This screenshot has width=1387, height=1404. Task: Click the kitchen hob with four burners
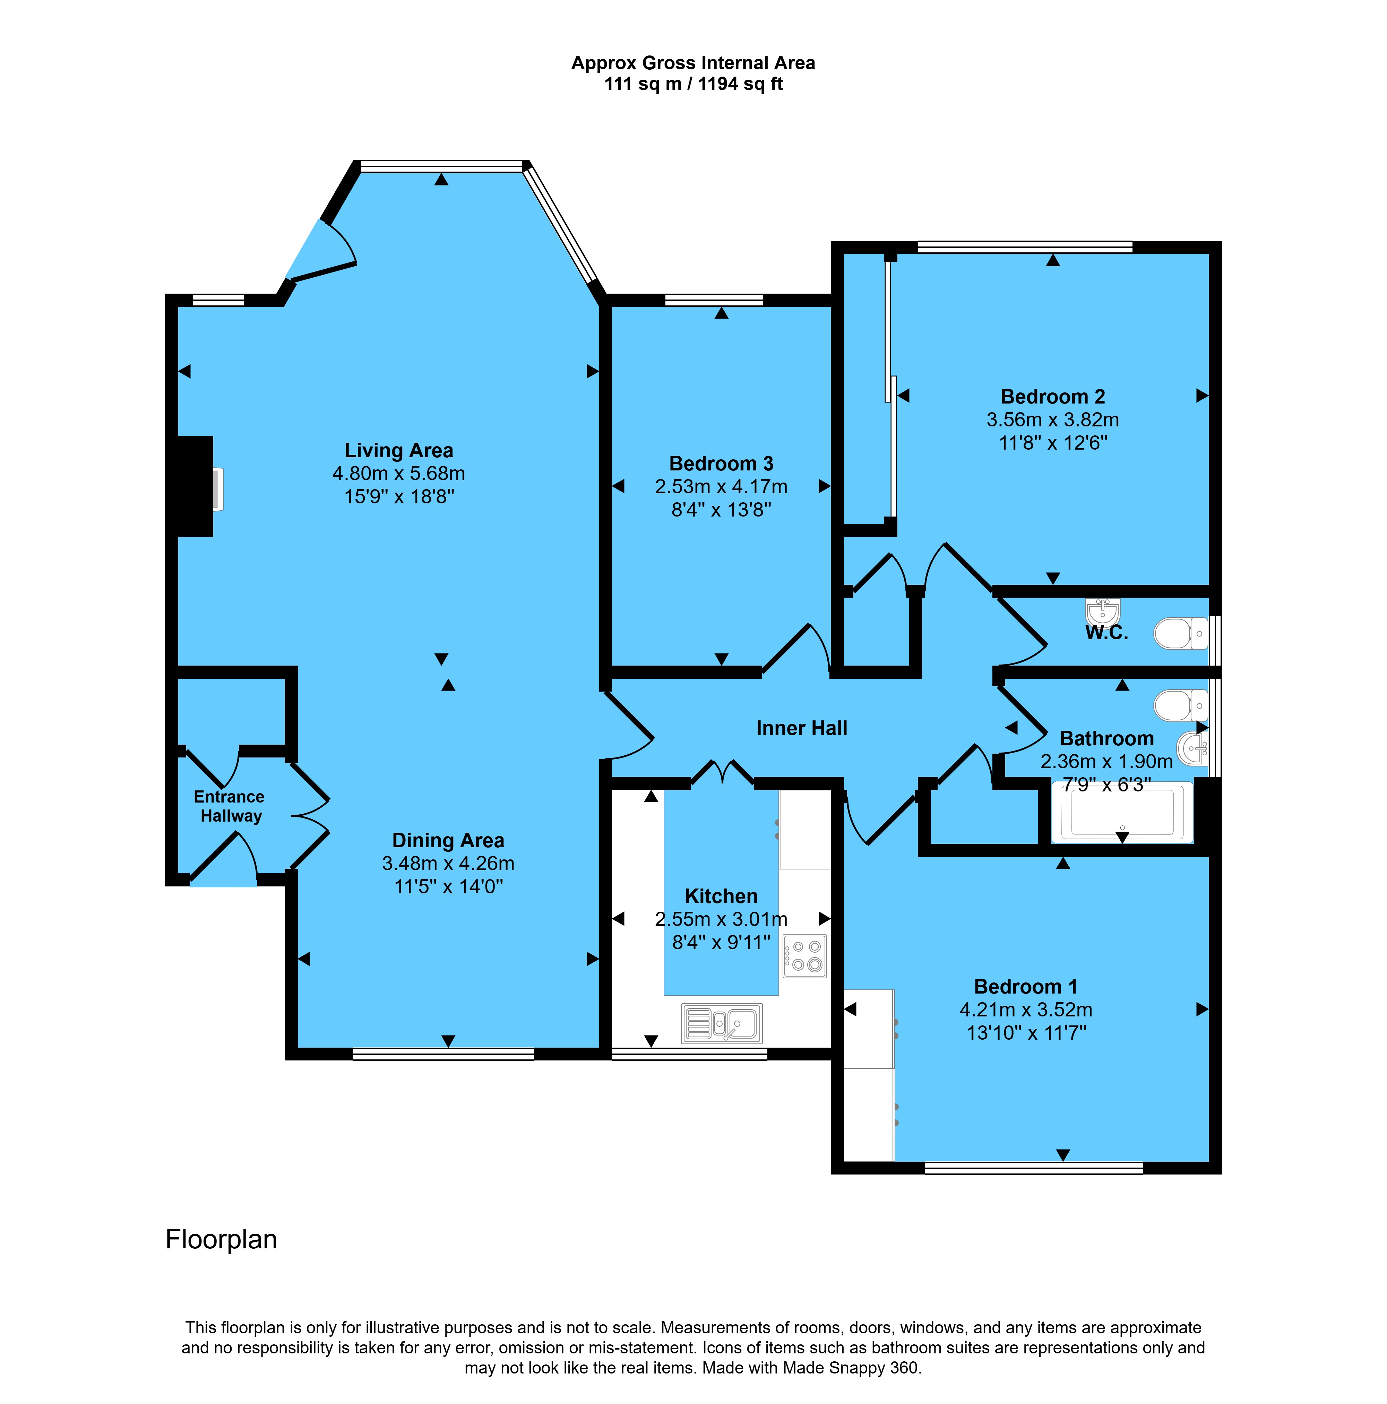pos(805,956)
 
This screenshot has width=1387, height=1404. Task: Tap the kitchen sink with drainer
pos(722,1023)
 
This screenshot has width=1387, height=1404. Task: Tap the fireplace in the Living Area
pos(196,486)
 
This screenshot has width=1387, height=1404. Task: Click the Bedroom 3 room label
pos(721,463)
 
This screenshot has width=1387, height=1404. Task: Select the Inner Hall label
pos(802,728)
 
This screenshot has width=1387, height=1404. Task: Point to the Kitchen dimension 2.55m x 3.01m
pos(721,919)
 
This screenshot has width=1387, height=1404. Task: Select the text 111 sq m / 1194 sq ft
pos(693,84)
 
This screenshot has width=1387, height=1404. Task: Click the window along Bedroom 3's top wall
pos(714,300)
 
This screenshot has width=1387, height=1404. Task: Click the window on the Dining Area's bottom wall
pos(443,1054)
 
